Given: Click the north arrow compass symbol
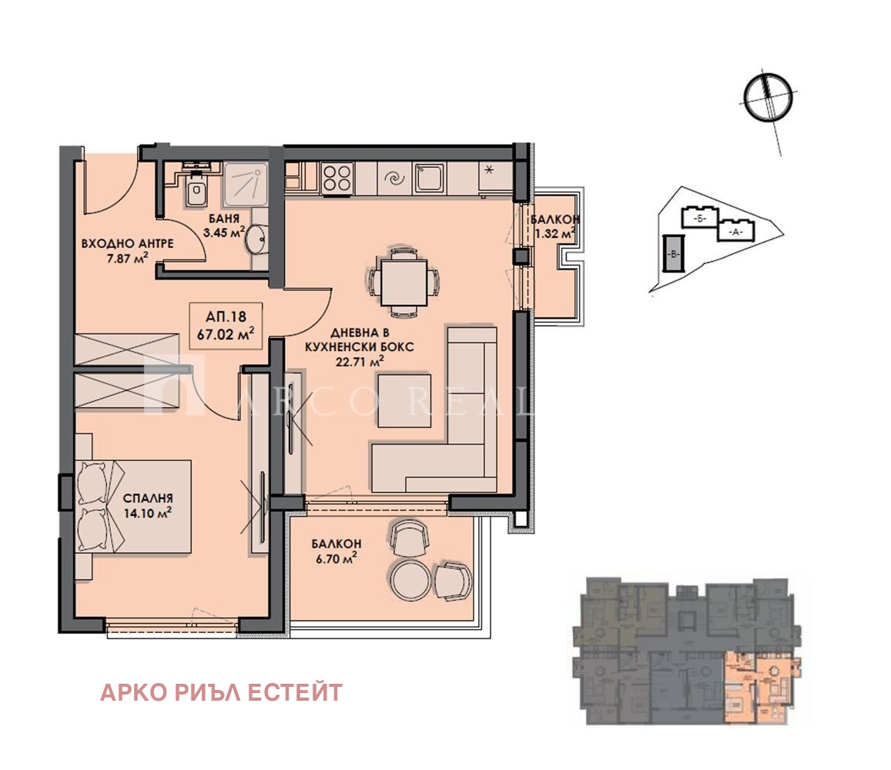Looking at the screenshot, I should click(766, 96).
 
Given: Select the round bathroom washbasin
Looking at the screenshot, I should click(256, 240).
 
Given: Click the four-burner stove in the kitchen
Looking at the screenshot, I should click(337, 178).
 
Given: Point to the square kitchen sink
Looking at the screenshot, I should click(429, 179).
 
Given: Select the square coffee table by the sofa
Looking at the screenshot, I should click(404, 399).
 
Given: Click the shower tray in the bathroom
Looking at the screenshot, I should click(246, 183).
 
